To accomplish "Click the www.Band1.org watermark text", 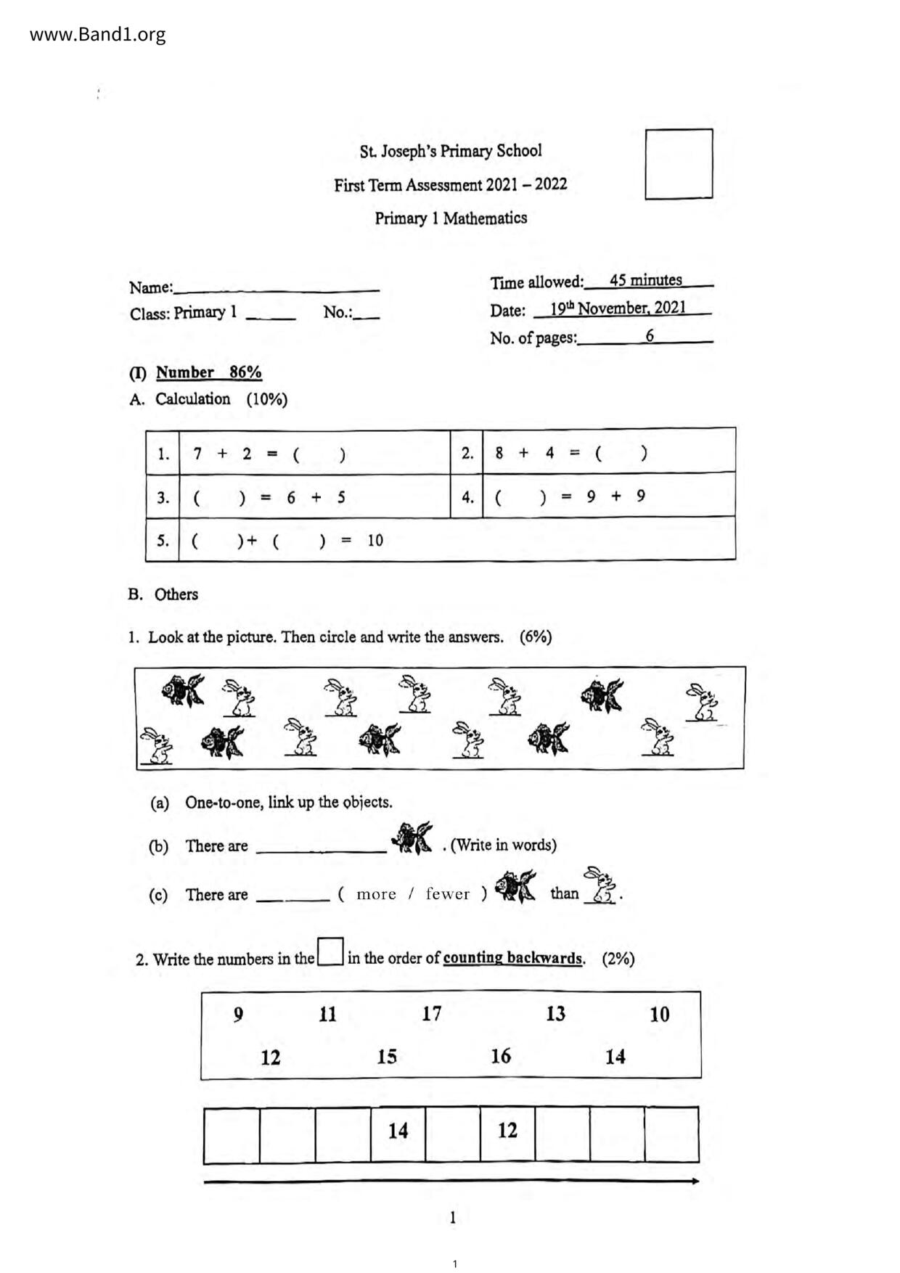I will pos(97,35).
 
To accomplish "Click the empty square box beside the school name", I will pos(679,164).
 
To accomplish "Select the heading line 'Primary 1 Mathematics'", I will pos(451,218).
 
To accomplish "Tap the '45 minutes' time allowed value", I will pos(645,280).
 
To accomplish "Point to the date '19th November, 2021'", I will pos(618,308).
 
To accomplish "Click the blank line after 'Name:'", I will pos(277,287).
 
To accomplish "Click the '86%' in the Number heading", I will pos(245,372).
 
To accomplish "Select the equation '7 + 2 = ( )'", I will pos(269,454).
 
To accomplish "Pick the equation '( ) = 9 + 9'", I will pos(570,497).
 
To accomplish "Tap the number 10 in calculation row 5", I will pos(375,541).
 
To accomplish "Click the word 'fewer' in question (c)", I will pos(447,894).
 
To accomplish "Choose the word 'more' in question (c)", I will pos(376,894).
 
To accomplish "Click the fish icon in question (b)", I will pos(413,838).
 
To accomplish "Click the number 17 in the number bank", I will pos(432,1013).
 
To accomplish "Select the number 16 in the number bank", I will pos(501,1056).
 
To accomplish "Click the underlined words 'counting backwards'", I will pos(513,958).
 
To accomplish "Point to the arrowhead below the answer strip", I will pos(695,1181).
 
